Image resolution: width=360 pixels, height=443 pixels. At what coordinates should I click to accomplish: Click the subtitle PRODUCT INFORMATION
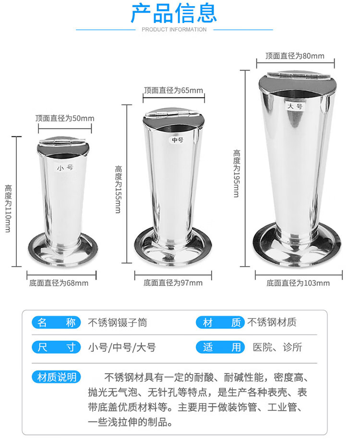tap(174, 29)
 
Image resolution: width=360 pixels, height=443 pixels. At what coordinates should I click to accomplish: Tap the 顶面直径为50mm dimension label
tap(65, 118)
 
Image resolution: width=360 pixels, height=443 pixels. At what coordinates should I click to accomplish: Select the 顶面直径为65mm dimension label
tap(173, 90)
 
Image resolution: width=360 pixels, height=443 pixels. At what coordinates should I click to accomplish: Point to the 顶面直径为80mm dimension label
tap(295, 56)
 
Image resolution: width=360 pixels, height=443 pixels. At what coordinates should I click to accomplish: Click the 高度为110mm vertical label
tap(8, 209)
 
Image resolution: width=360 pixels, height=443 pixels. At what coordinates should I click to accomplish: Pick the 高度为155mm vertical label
tap(118, 189)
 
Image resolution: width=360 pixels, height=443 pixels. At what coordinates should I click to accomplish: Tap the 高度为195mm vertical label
tap(237, 173)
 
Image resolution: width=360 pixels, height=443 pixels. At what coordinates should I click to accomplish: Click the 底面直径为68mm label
tap(59, 283)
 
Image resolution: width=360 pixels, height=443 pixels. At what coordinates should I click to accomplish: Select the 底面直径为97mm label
tap(173, 283)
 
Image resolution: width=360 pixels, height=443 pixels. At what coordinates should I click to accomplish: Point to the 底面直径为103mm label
tap(298, 283)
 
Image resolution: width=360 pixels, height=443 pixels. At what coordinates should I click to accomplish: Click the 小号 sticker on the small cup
tap(65, 168)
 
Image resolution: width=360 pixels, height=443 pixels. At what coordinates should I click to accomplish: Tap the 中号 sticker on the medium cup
tap(178, 140)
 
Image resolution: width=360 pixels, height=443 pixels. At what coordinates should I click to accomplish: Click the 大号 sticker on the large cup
tap(295, 106)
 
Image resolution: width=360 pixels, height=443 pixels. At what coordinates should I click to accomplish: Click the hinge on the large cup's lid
tap(299, 74)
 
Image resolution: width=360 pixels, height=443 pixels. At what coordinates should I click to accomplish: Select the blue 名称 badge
tap(56, 322)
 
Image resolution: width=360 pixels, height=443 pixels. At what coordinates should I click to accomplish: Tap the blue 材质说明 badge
tap(56, 377)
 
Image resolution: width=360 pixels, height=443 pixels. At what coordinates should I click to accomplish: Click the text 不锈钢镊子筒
tap(118, 322)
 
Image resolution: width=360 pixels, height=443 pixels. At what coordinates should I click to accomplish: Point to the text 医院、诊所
tap(277, 347)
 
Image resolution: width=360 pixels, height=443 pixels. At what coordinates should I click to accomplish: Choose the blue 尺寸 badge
tap(56, 347)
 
